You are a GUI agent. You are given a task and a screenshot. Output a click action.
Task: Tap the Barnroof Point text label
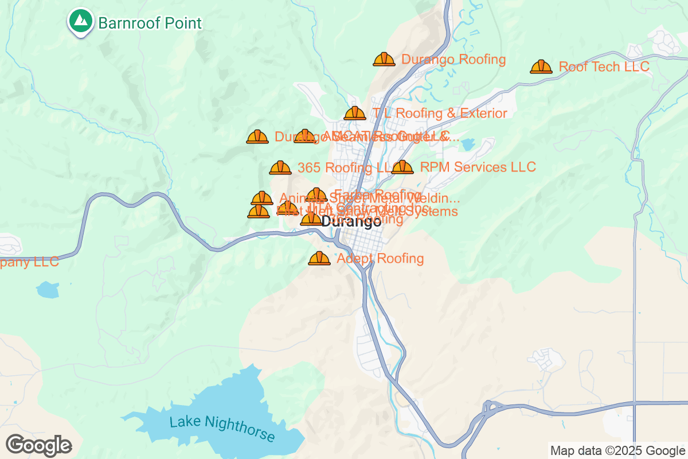tap(150, 23)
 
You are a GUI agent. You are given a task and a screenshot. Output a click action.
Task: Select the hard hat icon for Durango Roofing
tap(384, 59)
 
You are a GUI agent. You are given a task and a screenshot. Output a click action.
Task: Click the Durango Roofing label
tap(454, 59)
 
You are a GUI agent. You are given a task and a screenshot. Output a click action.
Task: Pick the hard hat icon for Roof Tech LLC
tap(541, 67)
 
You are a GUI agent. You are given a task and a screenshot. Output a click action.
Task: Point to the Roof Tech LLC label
tap(604, 67)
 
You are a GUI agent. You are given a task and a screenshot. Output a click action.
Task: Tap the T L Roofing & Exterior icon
tap(355, 113)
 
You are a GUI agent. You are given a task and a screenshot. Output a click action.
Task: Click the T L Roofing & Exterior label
tap(440, 113)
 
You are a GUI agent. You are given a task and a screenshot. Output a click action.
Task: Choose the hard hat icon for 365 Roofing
tap(280, 168)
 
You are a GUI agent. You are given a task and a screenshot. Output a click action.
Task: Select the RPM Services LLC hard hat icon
tap(402, 167)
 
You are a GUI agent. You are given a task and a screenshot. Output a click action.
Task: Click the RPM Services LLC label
tap(478, 167)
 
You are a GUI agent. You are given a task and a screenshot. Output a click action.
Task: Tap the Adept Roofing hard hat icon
tap(319, 258)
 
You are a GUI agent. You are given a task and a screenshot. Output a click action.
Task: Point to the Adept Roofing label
tap(380, 258)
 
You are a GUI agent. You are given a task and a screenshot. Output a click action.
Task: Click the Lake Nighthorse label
tap(222, 428)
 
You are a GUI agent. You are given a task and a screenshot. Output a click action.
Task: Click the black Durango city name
tap(351, 221)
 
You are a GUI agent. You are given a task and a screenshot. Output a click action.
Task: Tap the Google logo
tap(38, 445)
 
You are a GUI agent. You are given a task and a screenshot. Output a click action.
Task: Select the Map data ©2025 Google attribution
tap(617, 450)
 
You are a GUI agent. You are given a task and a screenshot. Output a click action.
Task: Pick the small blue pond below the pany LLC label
tap(48, 289)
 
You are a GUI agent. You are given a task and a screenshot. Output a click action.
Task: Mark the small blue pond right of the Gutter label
tap(468, 144)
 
